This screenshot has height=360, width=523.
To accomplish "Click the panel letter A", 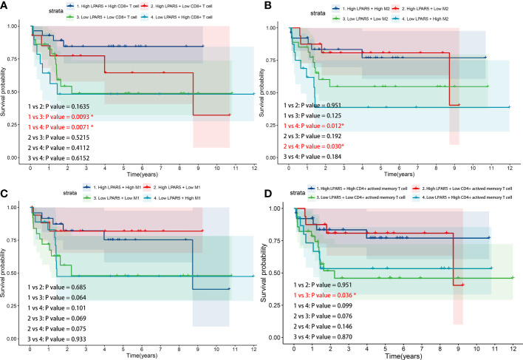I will pos(5,6).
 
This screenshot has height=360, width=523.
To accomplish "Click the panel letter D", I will pos(268,189).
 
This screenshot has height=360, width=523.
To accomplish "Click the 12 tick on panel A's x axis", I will pos(253,168).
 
